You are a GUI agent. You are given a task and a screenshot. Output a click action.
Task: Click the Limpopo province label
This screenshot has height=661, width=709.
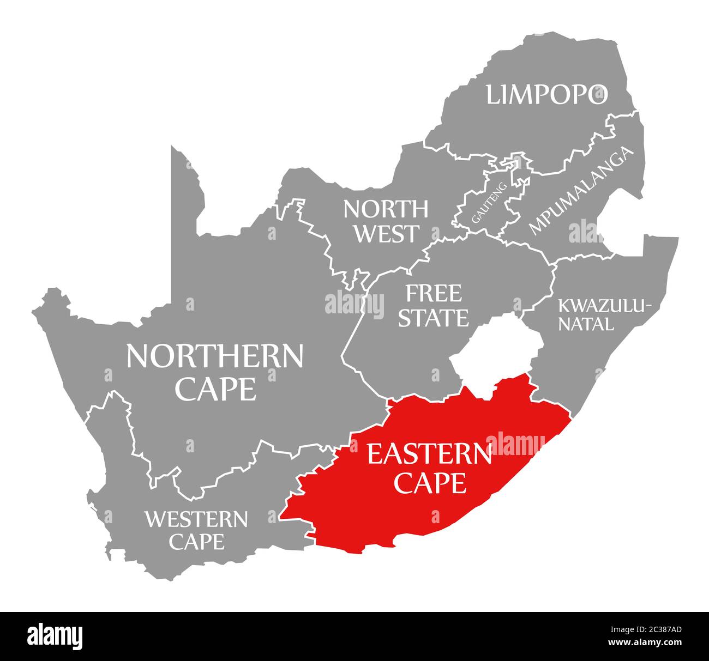pos(546,94)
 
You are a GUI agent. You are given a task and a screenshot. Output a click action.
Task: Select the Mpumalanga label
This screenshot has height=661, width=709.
pos(582,191)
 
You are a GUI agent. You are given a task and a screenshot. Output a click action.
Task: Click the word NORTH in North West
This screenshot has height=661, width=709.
pos(386,208)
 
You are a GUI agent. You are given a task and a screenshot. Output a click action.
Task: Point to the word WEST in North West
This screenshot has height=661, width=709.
pos(387,234)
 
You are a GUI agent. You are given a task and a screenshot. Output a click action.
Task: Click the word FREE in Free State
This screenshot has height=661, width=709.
pos(433,294)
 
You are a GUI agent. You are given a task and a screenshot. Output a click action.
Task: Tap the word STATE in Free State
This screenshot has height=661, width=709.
pos(433,318)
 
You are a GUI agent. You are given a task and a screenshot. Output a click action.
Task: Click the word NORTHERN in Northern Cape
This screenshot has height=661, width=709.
pos(214,356)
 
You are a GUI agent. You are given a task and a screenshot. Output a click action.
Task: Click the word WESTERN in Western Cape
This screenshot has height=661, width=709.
pos(196,519)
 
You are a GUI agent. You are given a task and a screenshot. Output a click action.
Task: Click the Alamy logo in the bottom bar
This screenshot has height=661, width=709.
pos(55,636)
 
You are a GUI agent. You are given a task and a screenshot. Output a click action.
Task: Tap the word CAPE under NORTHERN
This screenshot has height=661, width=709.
pos(215,389)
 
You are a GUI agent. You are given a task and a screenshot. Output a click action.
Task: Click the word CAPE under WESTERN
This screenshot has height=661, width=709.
pos(196,542)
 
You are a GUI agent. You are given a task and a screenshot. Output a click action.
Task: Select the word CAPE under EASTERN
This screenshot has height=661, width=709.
pos(430,482)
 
